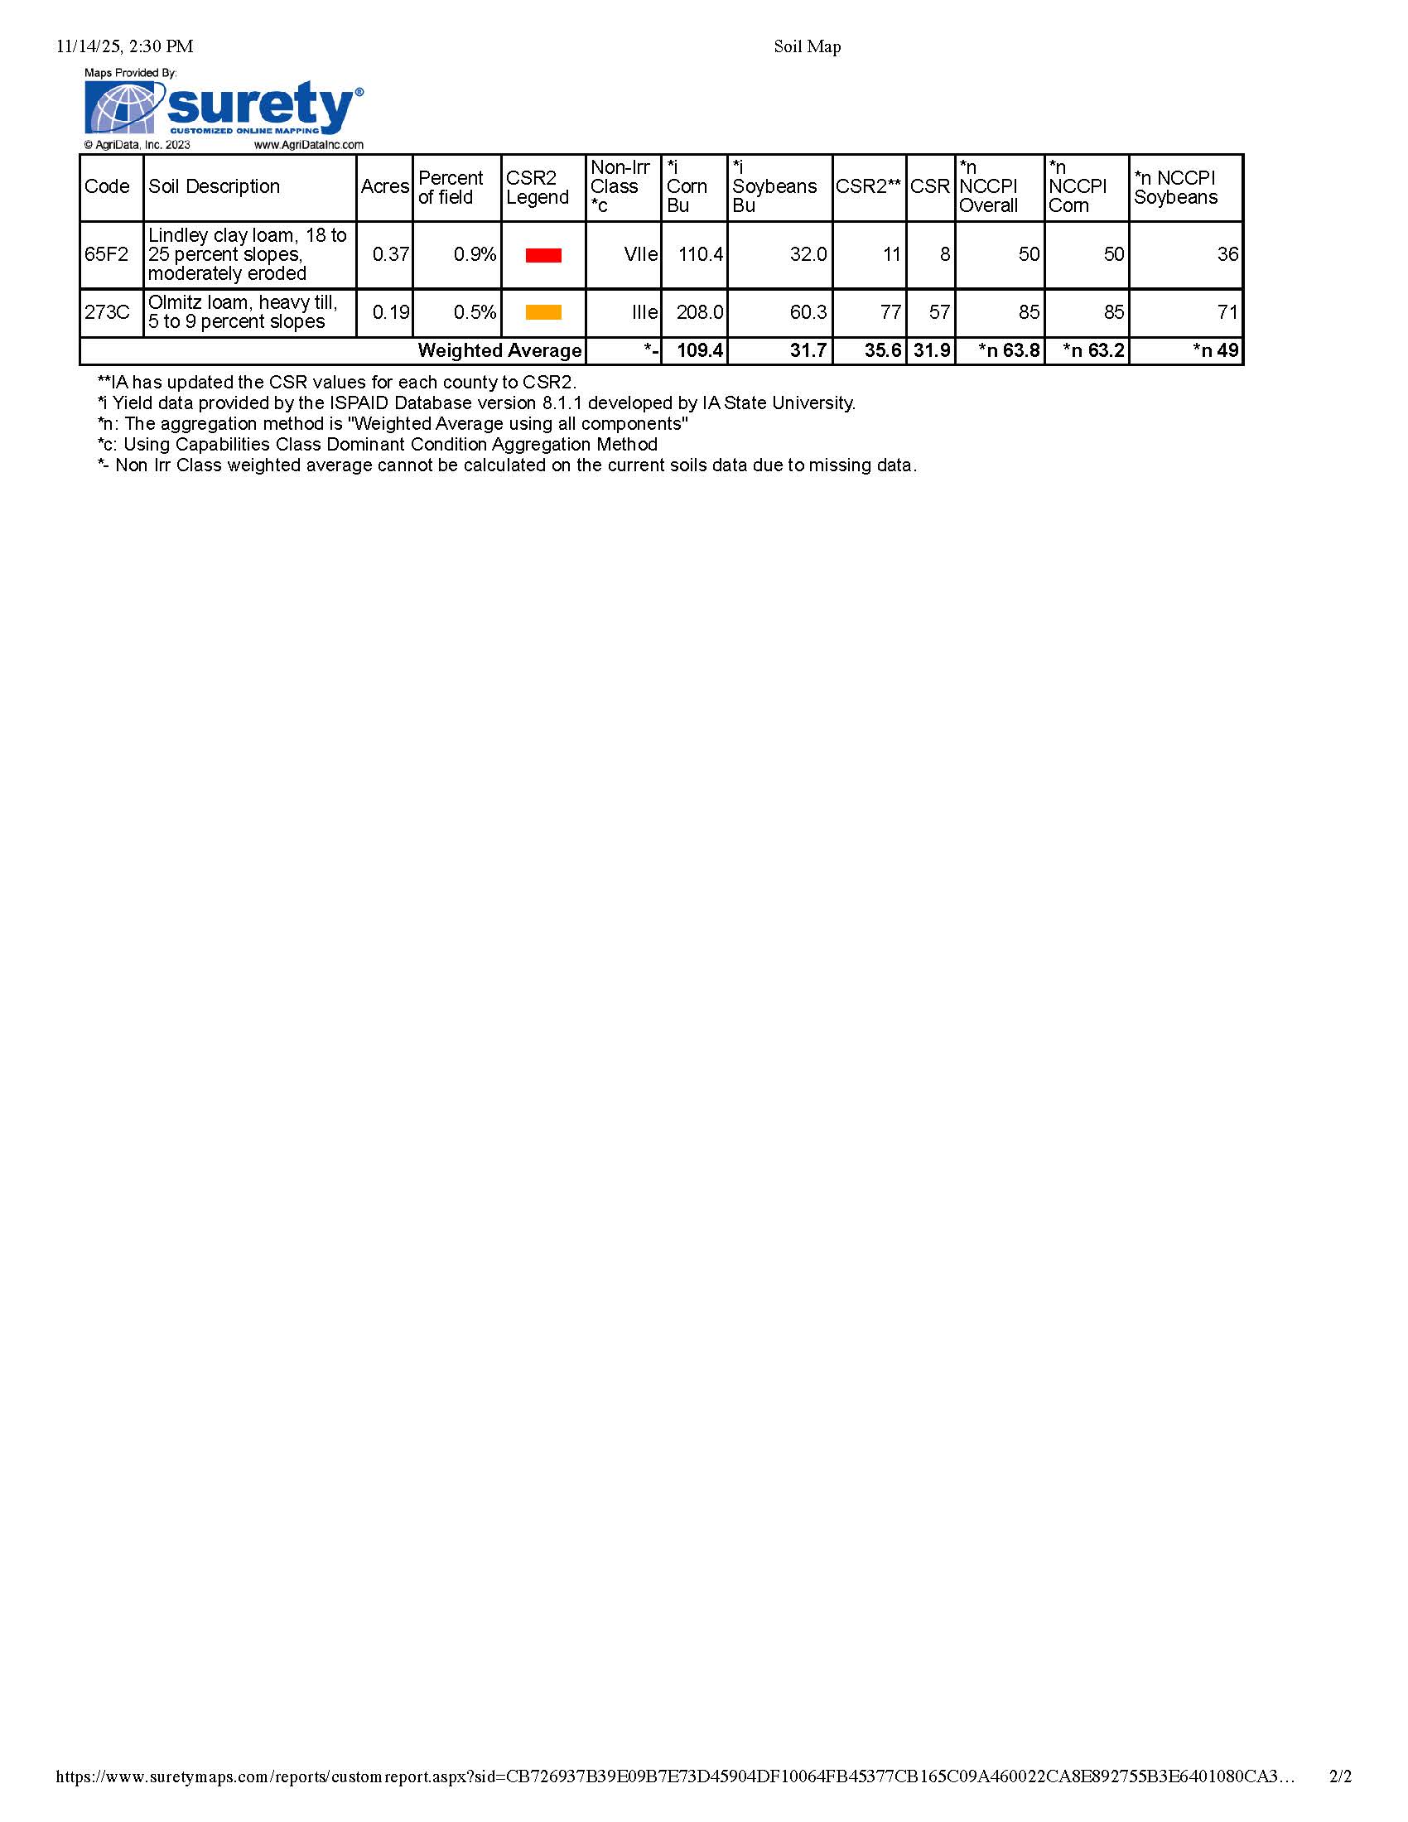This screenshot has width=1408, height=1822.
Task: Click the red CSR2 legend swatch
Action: (x=543, y=255)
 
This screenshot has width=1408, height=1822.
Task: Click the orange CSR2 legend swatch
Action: (x=543, y=313)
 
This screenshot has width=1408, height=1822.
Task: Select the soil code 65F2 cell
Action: (x=107, y=254)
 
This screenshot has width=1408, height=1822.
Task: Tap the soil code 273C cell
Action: (x=108, y=313)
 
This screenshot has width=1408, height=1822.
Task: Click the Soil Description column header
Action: (x=215, y=187)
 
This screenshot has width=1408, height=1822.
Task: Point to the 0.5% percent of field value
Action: (x=475, y=313)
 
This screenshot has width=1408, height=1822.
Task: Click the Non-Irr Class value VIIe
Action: (x=640, y=254)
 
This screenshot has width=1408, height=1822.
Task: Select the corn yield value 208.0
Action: (x=699, y=313)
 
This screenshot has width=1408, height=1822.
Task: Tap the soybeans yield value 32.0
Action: (x=808, y=254)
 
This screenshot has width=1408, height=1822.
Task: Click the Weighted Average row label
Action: (x=499, y=350)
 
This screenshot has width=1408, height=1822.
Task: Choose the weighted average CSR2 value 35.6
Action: (x=883, y=350)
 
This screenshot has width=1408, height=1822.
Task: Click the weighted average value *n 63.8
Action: (x=1010, y=350)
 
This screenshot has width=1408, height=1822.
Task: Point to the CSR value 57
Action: (x=939, y=313)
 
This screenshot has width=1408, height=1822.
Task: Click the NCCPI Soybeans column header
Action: (x=1175, y=188)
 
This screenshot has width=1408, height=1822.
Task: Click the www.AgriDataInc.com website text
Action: (x=309, y=145)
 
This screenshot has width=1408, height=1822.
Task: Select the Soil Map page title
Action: (x=807, y=46)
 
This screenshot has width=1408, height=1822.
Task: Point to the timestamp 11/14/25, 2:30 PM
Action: (x=124, y=46)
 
